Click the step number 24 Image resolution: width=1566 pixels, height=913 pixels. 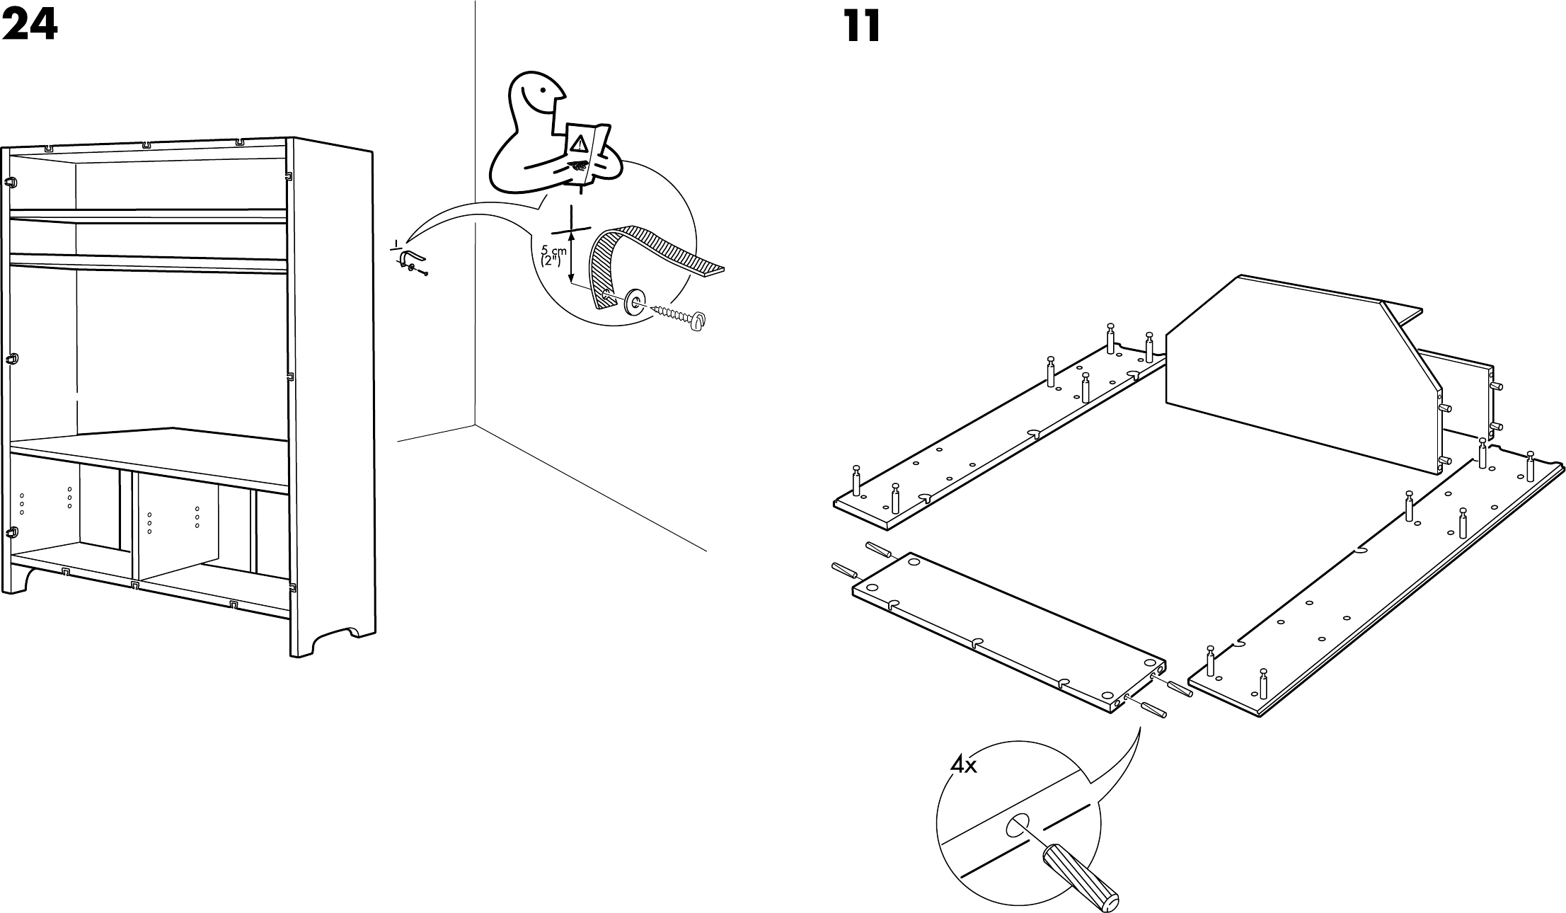point(29,27)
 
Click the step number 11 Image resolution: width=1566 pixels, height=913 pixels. point(863,27)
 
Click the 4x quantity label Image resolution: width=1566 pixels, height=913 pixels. point(963,766)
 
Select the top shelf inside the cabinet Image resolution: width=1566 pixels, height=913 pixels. point(149,215)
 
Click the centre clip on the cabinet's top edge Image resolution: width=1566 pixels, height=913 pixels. point(146,144)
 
